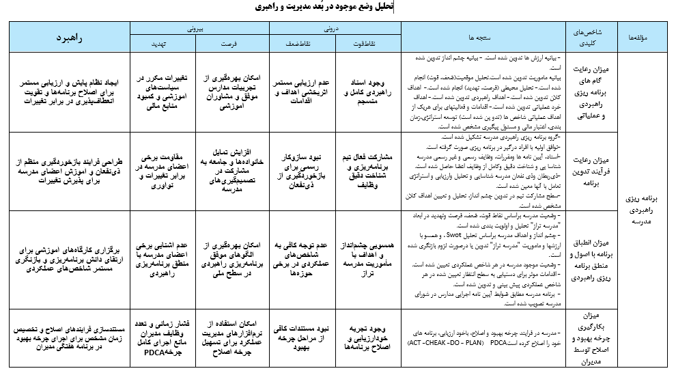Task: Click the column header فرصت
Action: pos(232,44)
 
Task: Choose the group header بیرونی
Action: pos(198,29)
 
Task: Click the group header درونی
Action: pos(335,29)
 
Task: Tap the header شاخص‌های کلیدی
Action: pos(591,37)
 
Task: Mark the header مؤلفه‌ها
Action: pos(646,38)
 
